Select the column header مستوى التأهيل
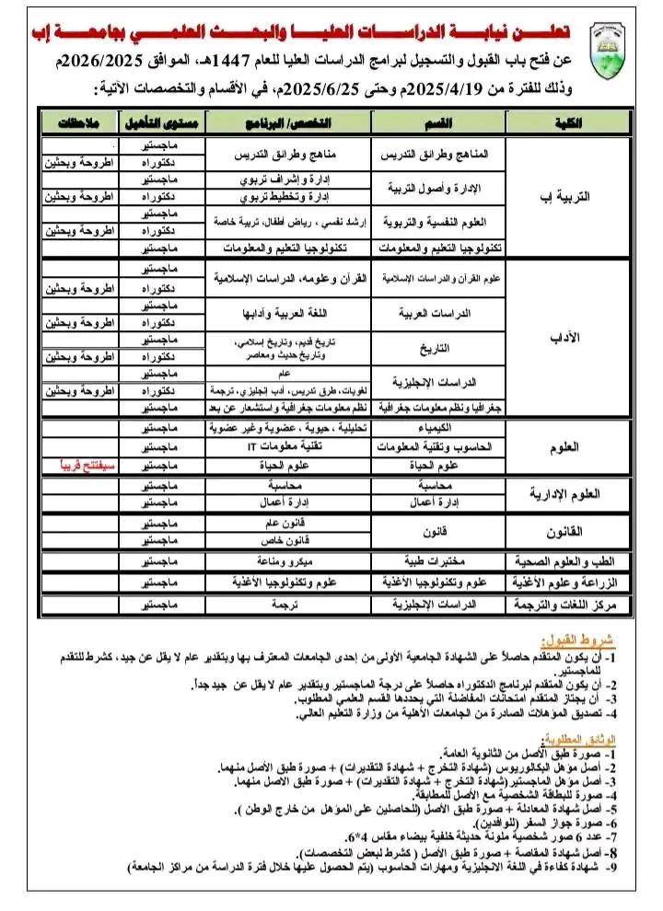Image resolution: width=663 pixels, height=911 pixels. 161,122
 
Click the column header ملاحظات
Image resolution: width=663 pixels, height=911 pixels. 79,122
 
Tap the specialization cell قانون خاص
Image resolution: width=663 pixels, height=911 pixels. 289,539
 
